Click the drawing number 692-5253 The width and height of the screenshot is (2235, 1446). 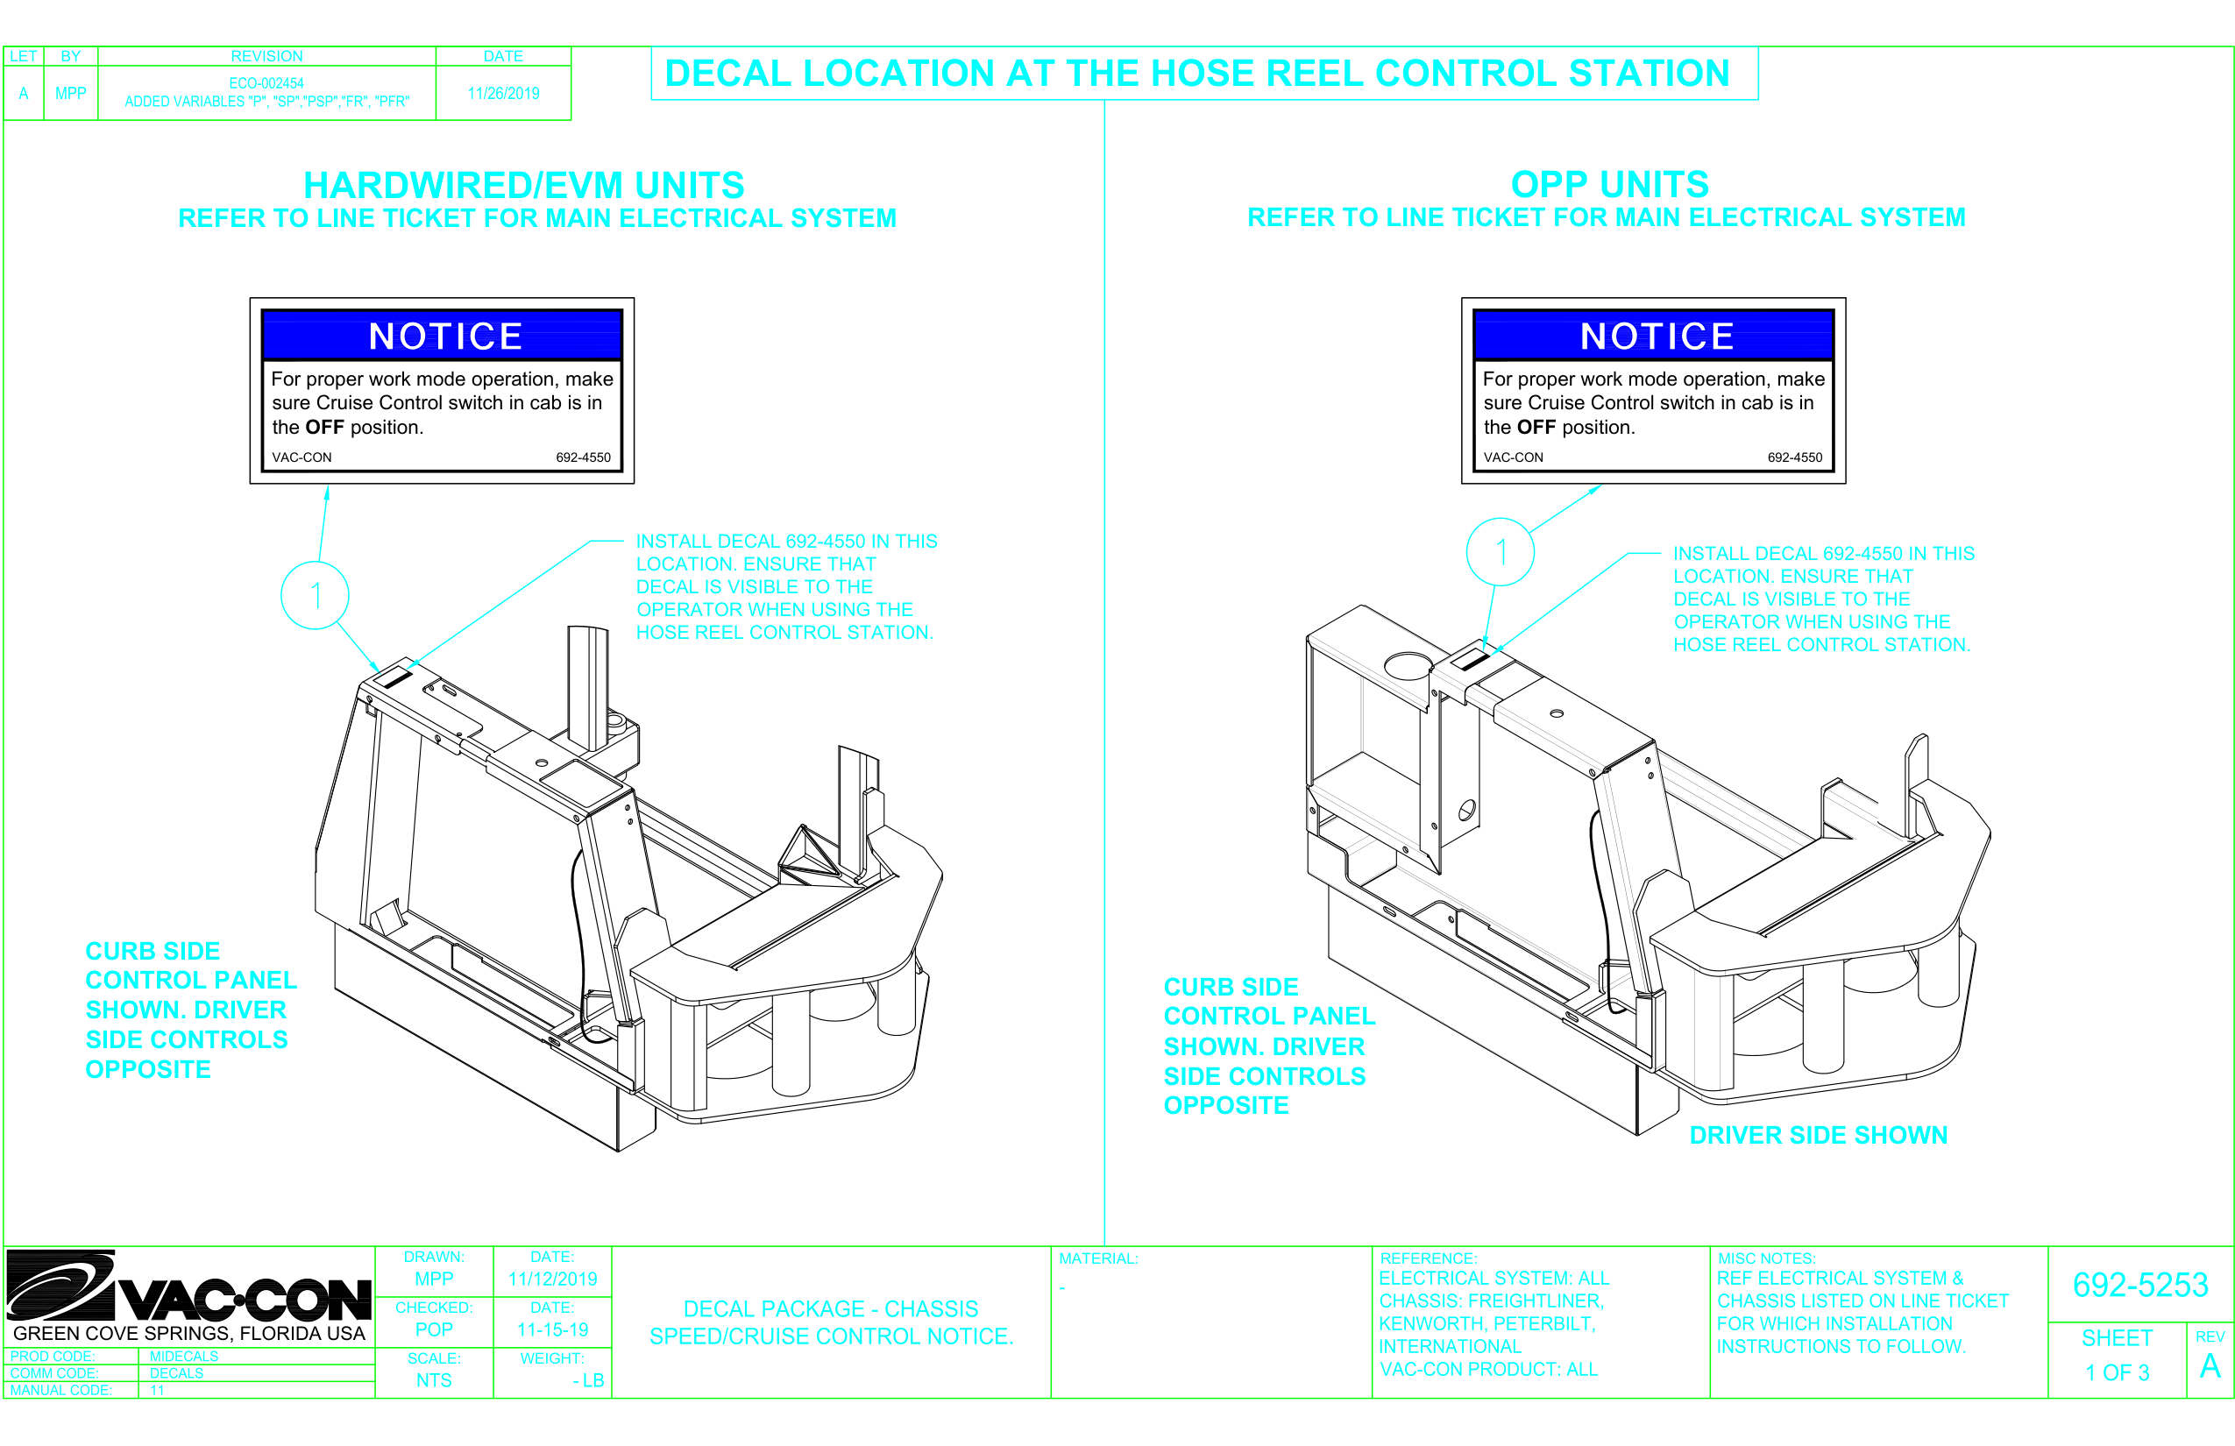tap(2139, 1285)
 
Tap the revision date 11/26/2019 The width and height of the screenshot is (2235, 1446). tap(503, 94)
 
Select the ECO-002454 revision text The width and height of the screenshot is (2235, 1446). tap(266, 83)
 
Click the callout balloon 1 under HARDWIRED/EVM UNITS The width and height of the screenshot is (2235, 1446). tap(316, 595)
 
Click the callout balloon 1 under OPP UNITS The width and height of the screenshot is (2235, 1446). tap(1500, 552)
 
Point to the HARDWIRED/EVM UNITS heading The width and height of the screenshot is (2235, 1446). tap(524, 185)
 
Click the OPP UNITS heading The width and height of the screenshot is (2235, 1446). tap(1609, 184)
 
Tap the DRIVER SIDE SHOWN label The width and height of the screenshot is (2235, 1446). tap(1818, 1135)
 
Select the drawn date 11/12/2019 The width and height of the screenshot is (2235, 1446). tap(552, 1279)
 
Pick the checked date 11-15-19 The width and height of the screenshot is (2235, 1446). tap(552, 1329)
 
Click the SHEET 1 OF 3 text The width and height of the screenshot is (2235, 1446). tap(2117, 1356)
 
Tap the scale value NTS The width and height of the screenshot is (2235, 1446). tap(434, 1380)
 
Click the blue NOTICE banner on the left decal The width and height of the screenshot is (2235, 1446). tap(443, 335)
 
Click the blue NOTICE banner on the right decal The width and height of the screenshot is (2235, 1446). tap(1654, 335)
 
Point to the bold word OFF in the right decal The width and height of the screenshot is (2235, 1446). tap(1536, 428)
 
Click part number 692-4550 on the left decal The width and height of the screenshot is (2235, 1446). tap(583, 457)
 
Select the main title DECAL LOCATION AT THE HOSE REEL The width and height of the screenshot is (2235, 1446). tap(1196, 74)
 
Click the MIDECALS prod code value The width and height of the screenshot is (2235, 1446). tap(184, 1356)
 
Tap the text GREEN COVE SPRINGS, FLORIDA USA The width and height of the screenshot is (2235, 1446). tap(188, 1333)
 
